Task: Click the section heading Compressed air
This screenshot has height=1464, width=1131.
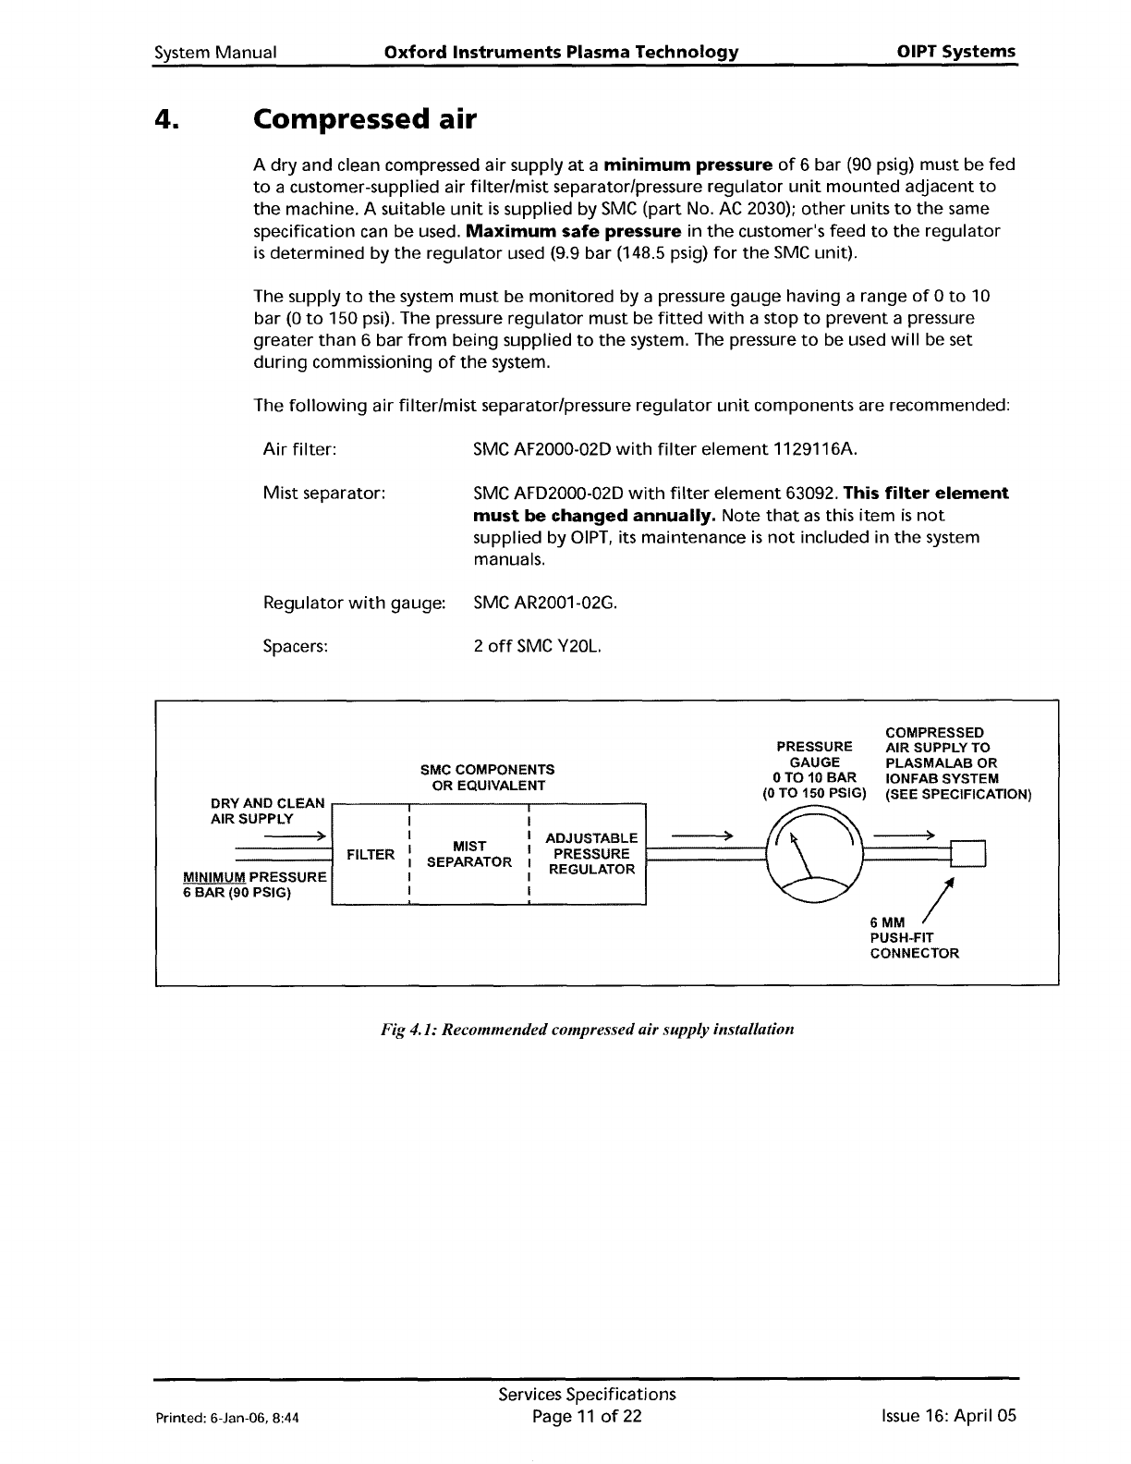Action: point(365,119)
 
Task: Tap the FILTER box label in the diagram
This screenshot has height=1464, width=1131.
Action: point(370,855)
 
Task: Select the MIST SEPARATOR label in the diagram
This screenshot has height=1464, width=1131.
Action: point(469,854)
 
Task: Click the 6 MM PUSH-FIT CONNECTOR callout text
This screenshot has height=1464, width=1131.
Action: point(914,937)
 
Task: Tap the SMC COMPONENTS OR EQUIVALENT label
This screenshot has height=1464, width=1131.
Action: point(487,777)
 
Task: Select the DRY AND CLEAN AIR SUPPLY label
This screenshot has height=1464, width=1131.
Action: point(267,811)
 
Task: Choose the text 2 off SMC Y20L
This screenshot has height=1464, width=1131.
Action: point(538,647)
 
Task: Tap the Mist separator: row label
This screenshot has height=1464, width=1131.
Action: point(323,494)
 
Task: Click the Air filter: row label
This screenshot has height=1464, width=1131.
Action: point(299,450)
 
